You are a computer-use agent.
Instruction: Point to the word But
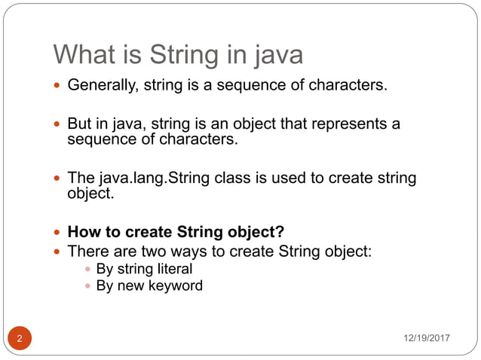point(80,124)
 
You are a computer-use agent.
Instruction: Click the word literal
point(174,269)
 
